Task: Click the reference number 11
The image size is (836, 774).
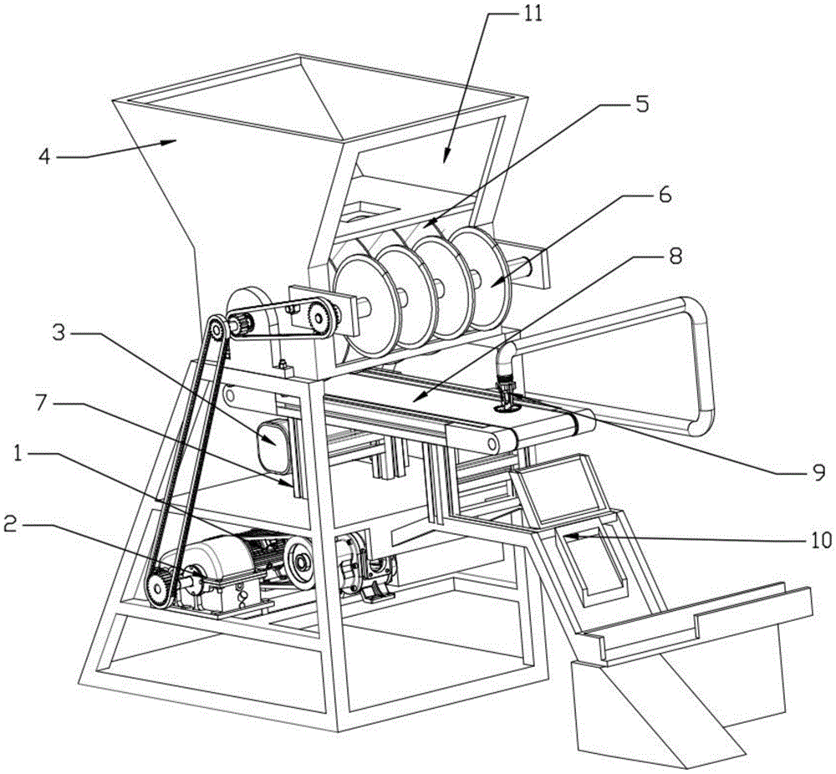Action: [532, 14]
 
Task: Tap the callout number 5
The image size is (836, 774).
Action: [643, 104]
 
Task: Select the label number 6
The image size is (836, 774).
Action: [665, 196]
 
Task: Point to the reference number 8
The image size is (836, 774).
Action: [675, 257]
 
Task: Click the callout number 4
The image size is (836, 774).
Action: [45, 156]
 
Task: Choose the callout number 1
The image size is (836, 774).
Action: [18, 454]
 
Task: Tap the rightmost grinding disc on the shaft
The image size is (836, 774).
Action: [478, 278]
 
